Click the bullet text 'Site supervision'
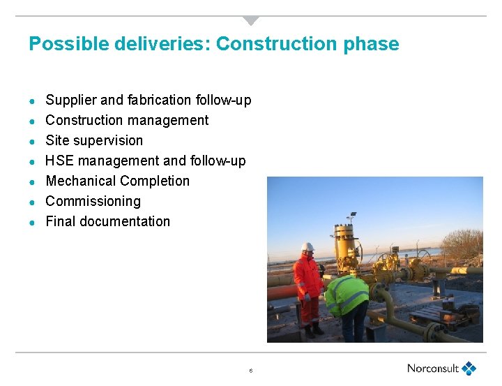point(94,140)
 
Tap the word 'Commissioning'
point(93,201)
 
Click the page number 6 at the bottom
point(250,371)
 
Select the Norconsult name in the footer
point(433,369)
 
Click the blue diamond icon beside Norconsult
point(469,368)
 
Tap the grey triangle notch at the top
point(251,20)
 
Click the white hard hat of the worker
point(307,246)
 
